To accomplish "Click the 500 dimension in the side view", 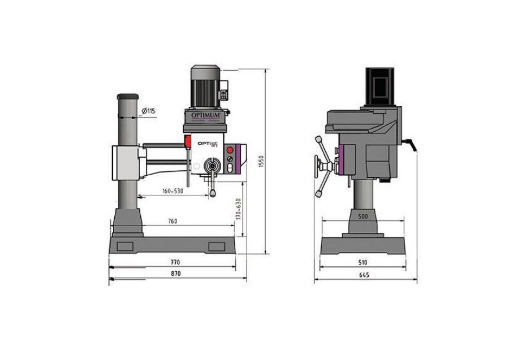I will tap(363, 217).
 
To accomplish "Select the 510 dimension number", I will tap(363, 262).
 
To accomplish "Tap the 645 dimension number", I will tap(364, 275).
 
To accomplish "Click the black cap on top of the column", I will tap(128, 96).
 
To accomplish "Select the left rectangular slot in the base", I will tap(124, 246).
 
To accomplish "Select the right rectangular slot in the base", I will tap(216, 246).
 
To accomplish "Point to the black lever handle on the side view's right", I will tap(412, 145).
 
